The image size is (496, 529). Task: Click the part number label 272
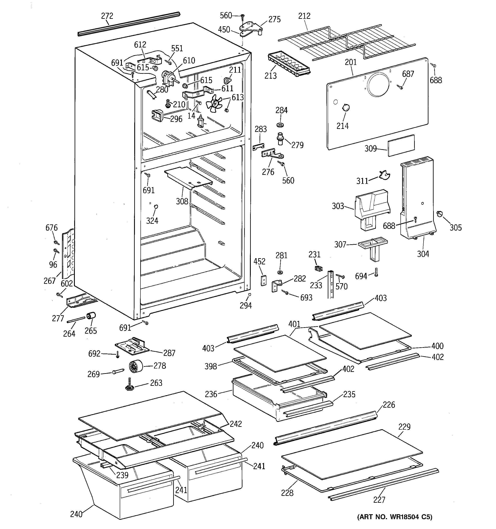tap(107, 16)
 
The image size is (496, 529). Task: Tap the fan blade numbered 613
tap(215, 104)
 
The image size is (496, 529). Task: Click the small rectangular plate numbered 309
tap(401, 145)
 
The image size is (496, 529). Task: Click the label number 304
tap(423, 254)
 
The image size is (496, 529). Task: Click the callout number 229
tap(404, 427)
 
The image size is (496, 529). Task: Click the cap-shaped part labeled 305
tap(439, 213)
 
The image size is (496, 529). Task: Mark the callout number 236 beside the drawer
tap(211, 394)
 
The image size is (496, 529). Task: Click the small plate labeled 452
tap(263, 280)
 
